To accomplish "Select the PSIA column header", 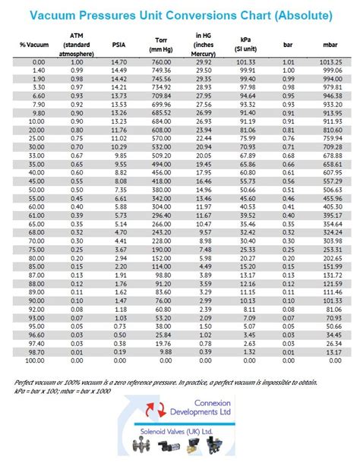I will (x=118, y=45).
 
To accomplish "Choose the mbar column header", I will (x=332, y=45).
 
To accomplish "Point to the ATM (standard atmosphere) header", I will (x=77, y=45).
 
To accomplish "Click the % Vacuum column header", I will (x=33, y=45).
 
